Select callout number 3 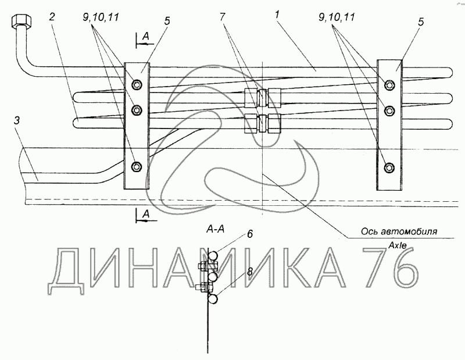click(x=17, y=121)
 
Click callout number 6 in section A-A click(x=249, y=234)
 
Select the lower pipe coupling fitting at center click(x=263, y=123)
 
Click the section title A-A click(x=216, y=230)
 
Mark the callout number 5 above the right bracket click(x=420, y=22)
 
